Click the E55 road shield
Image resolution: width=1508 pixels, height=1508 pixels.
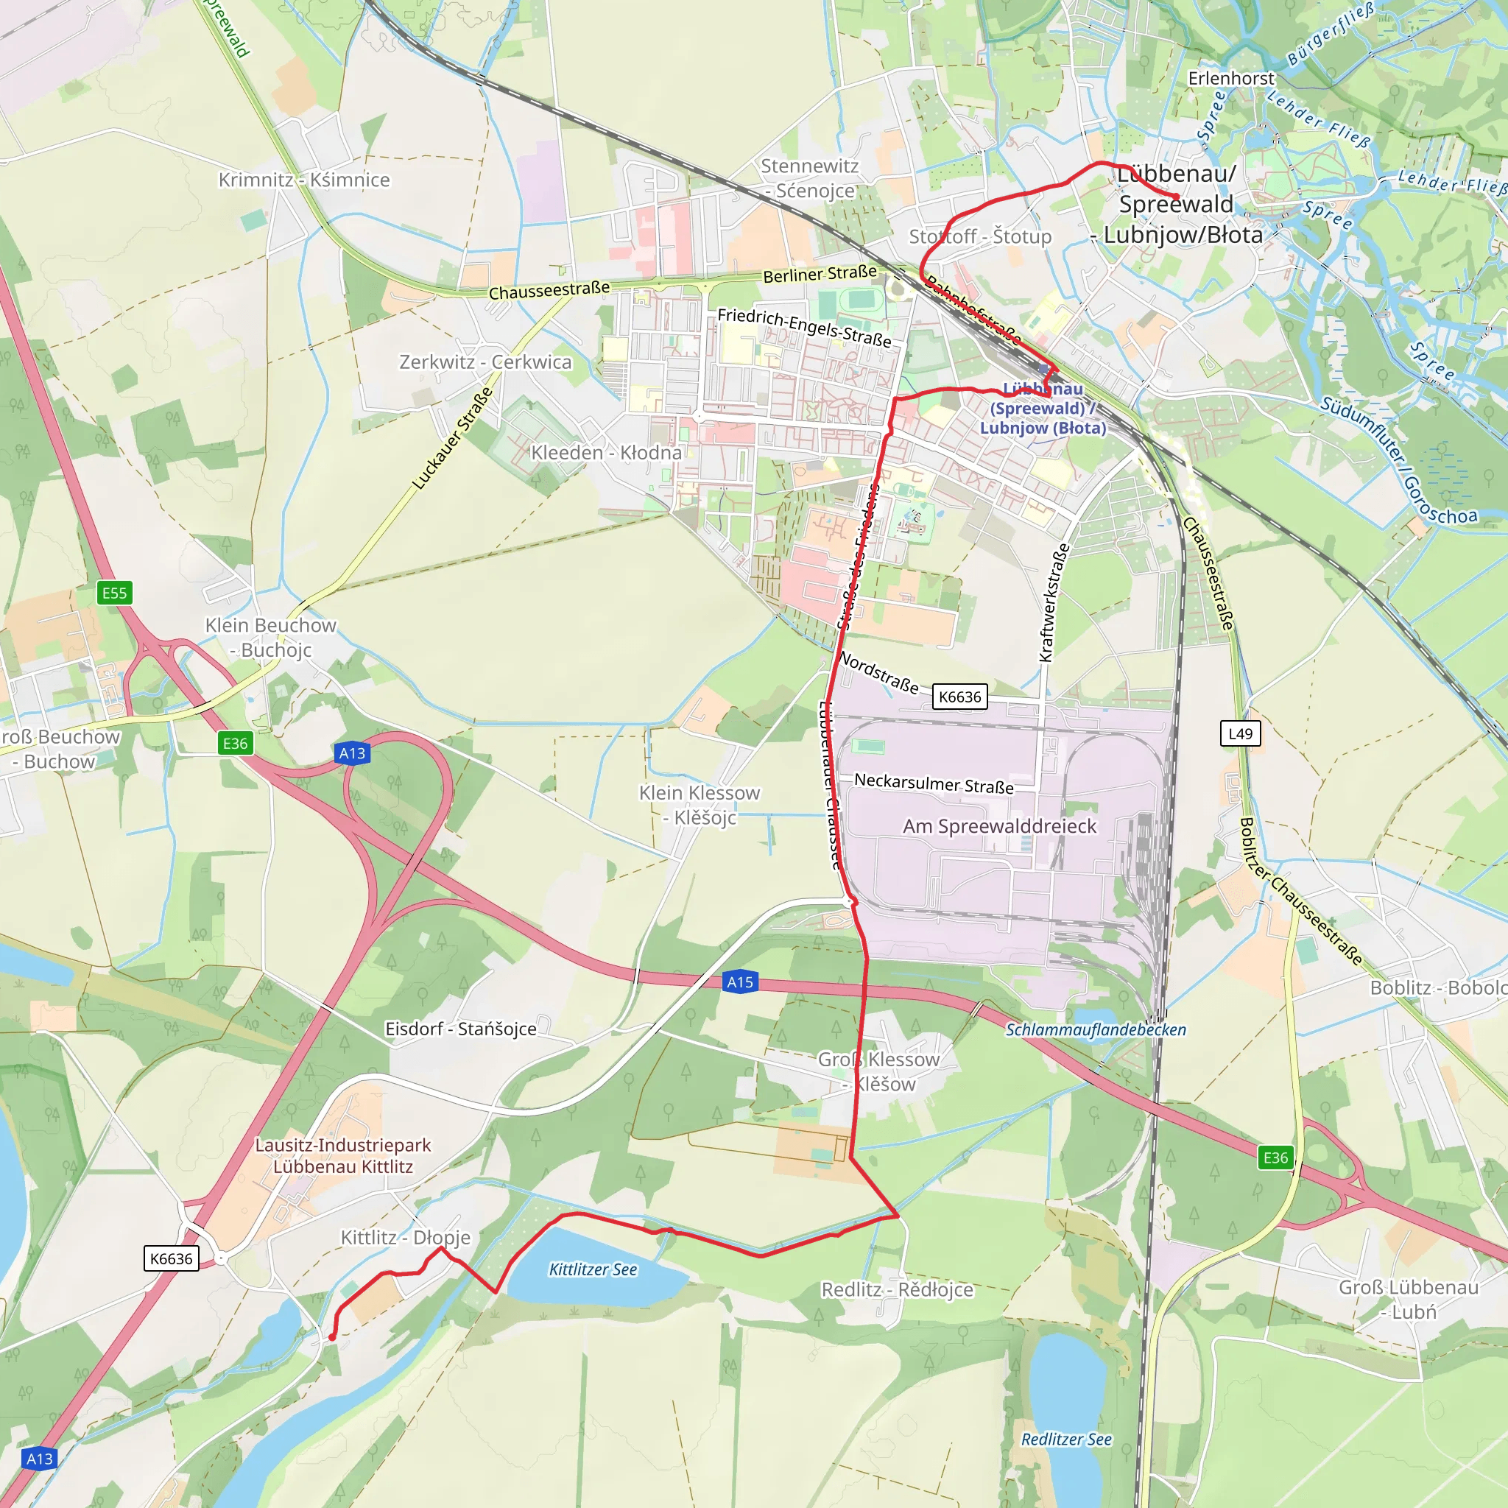pos(115,593)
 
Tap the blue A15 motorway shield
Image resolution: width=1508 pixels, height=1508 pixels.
pos(739,982)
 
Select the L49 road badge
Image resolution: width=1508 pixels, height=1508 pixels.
pos(1240,733)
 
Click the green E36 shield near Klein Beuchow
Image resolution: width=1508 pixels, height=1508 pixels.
pos(235,743)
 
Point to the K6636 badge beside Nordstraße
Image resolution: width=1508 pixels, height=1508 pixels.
pos(959,697)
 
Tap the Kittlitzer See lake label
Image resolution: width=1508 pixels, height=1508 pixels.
pos(593,1269)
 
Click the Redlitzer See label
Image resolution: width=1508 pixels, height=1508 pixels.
pos(1066,1439)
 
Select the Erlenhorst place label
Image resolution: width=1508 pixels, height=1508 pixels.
pos(1231,78)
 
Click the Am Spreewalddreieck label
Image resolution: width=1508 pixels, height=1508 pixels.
pos(999,826)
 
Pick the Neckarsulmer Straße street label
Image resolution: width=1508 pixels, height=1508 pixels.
pos(934,783)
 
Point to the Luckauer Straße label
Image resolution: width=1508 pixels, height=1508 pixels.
pos(453,439)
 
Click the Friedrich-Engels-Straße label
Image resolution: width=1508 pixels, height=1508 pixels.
pos(804,327)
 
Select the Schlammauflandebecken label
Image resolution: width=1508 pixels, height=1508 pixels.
pos(1095,1029)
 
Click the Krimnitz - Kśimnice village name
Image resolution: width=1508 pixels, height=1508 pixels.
pos(303,180)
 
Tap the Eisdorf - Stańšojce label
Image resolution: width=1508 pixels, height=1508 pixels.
pos(460,1029)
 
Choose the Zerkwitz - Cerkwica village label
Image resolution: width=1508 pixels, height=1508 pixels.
pos(485,362)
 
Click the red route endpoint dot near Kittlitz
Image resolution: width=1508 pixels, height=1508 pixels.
pos(332,1337)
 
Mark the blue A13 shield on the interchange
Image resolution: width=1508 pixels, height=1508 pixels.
pos(352,753)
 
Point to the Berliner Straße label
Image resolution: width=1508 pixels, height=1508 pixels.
pos(820,274)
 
